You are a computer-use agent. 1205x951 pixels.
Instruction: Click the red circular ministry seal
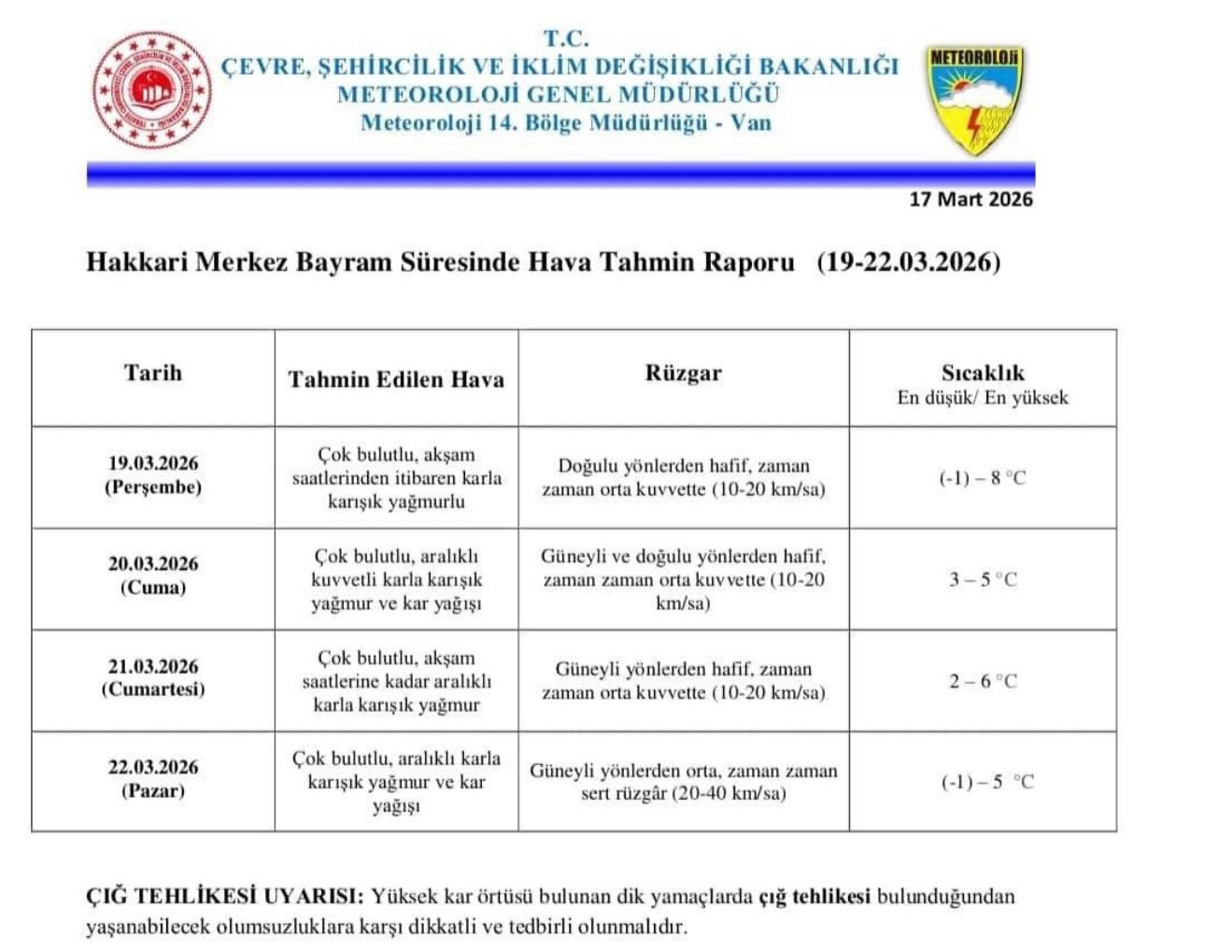pyautogui.click(x=151, y=89)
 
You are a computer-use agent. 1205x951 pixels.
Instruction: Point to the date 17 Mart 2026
pyautogui.click(x=971, y=199)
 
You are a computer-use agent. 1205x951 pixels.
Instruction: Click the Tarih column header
pyautogui.click(x=153, y=373)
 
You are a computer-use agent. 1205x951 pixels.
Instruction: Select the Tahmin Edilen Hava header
pyautogui.click(x=396, y=379)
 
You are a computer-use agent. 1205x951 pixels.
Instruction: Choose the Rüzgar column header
pyautogui.click(x=683, y=374)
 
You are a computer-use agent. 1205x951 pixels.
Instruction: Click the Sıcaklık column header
pyautogui.click(x=983, y=384)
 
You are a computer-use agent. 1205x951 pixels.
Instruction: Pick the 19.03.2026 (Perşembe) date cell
pyautogui.click(x=153, y=475)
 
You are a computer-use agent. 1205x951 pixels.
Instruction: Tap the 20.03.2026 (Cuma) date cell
pyautogui.click(x=153, y=575)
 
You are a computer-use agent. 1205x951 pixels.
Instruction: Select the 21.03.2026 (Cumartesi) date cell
pyautogui.click(x=153, y=678)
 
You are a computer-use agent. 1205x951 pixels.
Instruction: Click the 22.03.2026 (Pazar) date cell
pyautogui.click(x=153, y=779)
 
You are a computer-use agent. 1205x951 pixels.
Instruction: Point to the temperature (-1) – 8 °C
pyautogui.click(x=983, y=478)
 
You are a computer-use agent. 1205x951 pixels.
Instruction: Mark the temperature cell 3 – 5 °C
pyautogui.click(x=983, y=579)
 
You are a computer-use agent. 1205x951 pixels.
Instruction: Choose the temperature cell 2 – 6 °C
pyautogui.click(x=983, y=681)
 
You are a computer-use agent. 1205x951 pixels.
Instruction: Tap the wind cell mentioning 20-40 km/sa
pyautogui.click(x=683, y=782)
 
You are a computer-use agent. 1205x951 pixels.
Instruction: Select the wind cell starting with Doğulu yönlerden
pyautogui.click(x=683, y=477)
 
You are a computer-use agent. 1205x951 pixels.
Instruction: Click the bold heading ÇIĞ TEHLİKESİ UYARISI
pyautogui.click(x=224, y=897)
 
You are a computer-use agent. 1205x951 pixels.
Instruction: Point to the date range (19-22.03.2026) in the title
pyautogui.click(x=908, y=262)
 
